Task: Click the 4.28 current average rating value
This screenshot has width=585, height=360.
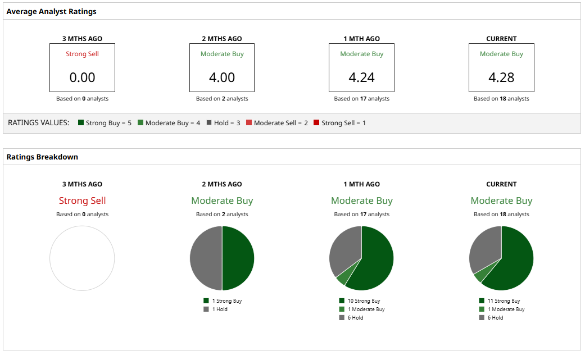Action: (x=501, y=78)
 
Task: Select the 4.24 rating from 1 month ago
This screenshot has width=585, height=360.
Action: (x=361, y=78)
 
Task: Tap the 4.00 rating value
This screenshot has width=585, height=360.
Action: (x=222, y=78)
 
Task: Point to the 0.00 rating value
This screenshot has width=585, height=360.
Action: (x=82, y=78)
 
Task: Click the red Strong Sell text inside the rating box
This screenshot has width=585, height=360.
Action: (x=82, y=54)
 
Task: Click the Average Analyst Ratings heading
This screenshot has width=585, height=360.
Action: (x=51, y=11)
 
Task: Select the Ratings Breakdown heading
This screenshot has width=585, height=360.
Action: (x=42, y=157)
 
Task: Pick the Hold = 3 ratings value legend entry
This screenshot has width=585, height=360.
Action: (x=223, y=122)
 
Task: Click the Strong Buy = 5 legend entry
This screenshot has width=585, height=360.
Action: (x=105, y=122)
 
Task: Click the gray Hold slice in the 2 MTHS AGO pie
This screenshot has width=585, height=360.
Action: (x=206, y=258)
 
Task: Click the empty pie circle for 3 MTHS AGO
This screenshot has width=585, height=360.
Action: (x=82, y=258)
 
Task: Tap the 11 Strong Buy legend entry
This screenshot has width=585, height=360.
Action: (x=499, y=301)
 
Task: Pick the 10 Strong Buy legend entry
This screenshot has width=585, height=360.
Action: (x=360, y=301)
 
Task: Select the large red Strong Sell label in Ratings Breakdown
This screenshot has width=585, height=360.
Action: (x=82, y=200)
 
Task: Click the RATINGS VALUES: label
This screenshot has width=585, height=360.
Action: (x=39, y=122)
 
